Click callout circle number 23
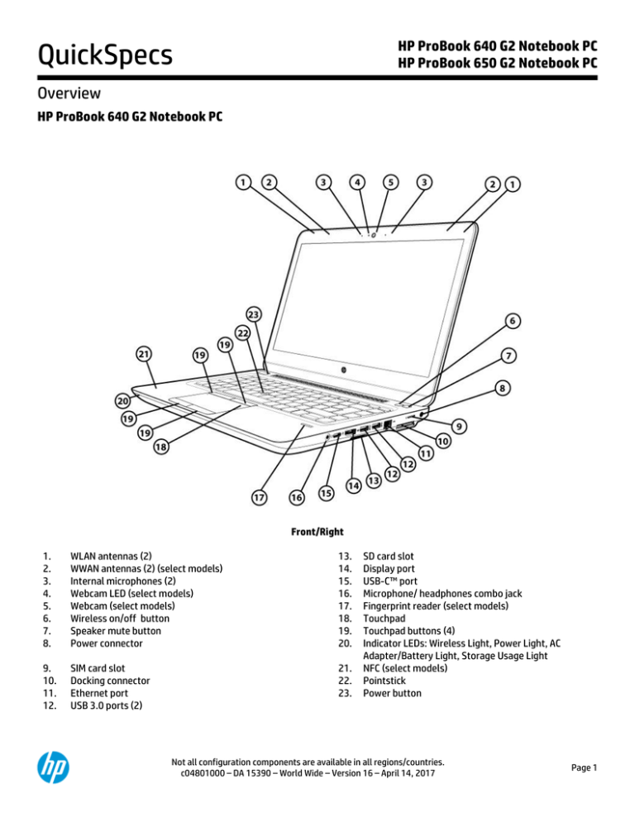point(253,315)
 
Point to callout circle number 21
point(144,353)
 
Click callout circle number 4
point(356,181)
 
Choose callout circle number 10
point(444,442)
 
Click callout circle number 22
point(242,332)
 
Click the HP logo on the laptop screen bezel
point(341,366)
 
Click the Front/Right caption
point(317,532)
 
